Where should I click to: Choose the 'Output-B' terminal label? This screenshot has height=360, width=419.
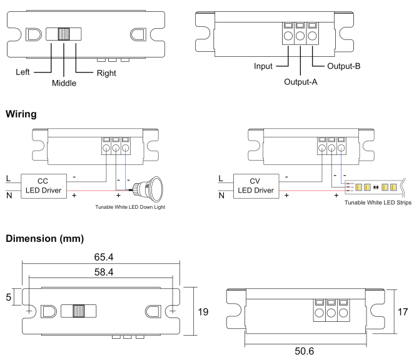tap(339, 66)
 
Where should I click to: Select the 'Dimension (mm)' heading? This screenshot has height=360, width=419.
tap(53, 239)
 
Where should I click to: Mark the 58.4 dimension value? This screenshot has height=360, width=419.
tap(100, 272)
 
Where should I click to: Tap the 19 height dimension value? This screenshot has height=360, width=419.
tap(202, 311)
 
